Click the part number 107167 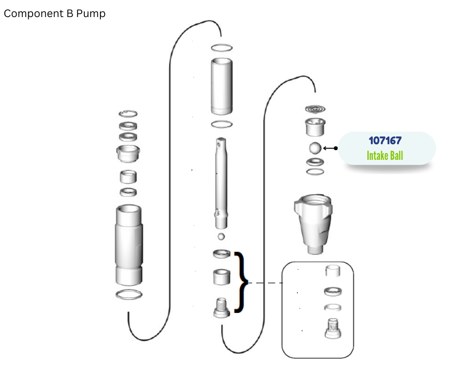pyautogui.click(x=385, y=140)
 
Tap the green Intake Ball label pyautogui.click(x=385, y=156)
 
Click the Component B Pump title pyautogui.click(x=55, y=14)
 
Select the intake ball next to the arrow pyautogui.click(x=315, y=148)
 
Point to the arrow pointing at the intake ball pyautogui.click(x=330, y=149)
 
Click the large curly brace pyautogui.click(x=241, y=282)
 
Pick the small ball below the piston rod pyautogui.click(x=221, y=236)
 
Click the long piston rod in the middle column pyautogui.click(x=221, y=183)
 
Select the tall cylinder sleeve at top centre pyautogui.click(x=222, y=86)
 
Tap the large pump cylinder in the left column pyautogui.click(x=129, y=245)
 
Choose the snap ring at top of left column pyautogui.click(x=128, y=114)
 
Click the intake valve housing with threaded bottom pyautogui.click(x=313, y=224)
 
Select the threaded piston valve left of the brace pyautogui.click(x=222, y=308)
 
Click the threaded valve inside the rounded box pyautogui.click(x=333, y=328)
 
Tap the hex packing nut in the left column pyautogui.click(x=128, y=154)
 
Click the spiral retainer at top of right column pyautogui.click(x=315, y=109)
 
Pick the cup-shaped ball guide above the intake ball pyautogui.click(x=315, y=127)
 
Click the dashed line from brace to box pyautogui.click(x=265, y=283)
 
